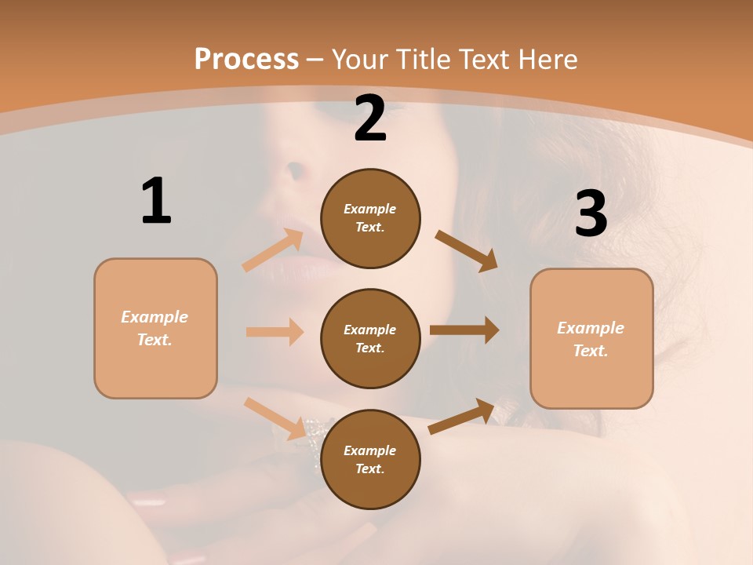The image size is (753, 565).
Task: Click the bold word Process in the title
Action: coord(246,59)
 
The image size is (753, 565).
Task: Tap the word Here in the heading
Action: coord(546,59)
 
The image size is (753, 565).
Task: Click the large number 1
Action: coord(156,201)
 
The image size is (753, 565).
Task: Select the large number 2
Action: coord(370,118)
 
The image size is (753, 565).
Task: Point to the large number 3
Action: coord(591,213)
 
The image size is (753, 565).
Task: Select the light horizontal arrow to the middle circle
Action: coord(275,332)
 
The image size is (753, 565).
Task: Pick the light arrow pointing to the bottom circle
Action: coord(275,418)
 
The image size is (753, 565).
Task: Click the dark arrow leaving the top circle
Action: coord(467,250)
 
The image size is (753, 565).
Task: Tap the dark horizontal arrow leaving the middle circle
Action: coord(464,330)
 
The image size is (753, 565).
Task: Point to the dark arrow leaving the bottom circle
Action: coord(462,416)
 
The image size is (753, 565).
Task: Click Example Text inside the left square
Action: coord(155,328)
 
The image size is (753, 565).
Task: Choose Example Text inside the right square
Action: coord(591,339)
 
